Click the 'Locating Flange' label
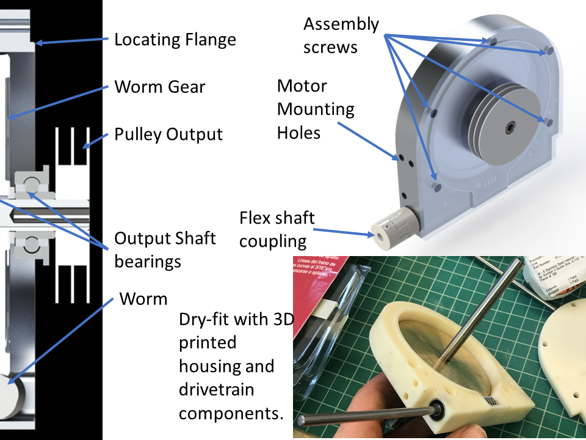[175, 40]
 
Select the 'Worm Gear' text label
[160, 87]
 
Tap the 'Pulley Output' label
[168, 134]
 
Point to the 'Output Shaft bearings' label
[165, 249]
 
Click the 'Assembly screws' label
[341, 35]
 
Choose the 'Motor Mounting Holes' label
[316, 109]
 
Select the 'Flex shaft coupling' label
[277, 229]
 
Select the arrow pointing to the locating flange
[73, 42]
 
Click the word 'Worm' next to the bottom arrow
[143, 299]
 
